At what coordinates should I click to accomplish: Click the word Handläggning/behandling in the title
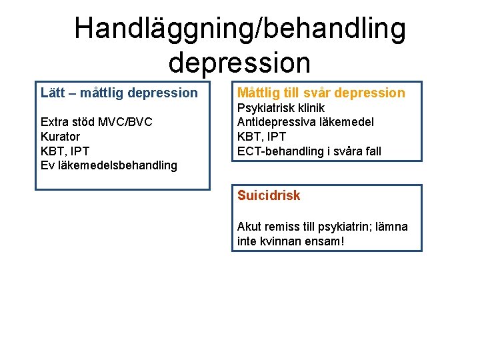[x=240, y=29]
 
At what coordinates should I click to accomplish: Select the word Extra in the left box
[x=55, y=122]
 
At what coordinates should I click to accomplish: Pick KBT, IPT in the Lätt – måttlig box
[x=65, y=151]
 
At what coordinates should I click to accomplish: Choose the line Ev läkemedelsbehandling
[x=109, y=165]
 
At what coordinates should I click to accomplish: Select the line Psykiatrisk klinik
[x=281, y=108]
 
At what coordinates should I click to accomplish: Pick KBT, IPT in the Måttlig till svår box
[x=262, y=137]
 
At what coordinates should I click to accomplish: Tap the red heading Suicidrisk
[x=269, y=195]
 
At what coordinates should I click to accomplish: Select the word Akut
[x=249, y=227]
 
